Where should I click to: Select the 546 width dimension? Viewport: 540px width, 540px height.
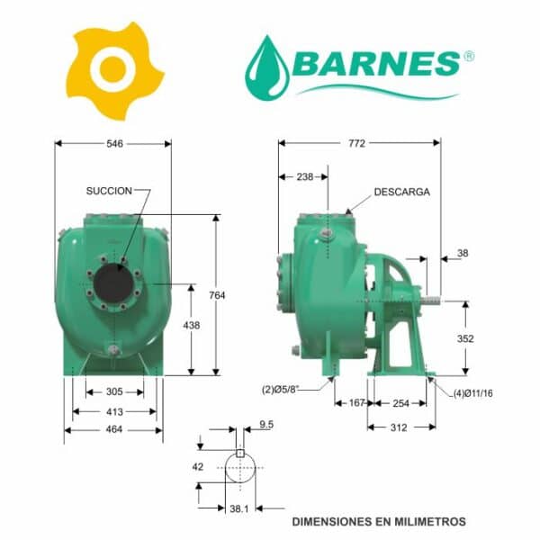pos(114,144)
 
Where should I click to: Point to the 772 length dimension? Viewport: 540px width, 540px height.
pos(356,143)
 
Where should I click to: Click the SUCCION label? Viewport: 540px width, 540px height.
pos(109,191)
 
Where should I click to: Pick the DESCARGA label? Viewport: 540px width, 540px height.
pos(402,192)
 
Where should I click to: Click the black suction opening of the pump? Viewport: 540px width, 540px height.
pos(113,283)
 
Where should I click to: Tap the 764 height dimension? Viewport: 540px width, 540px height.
pos(217,295)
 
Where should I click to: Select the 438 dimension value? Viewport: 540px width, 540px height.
pos(192,325)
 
